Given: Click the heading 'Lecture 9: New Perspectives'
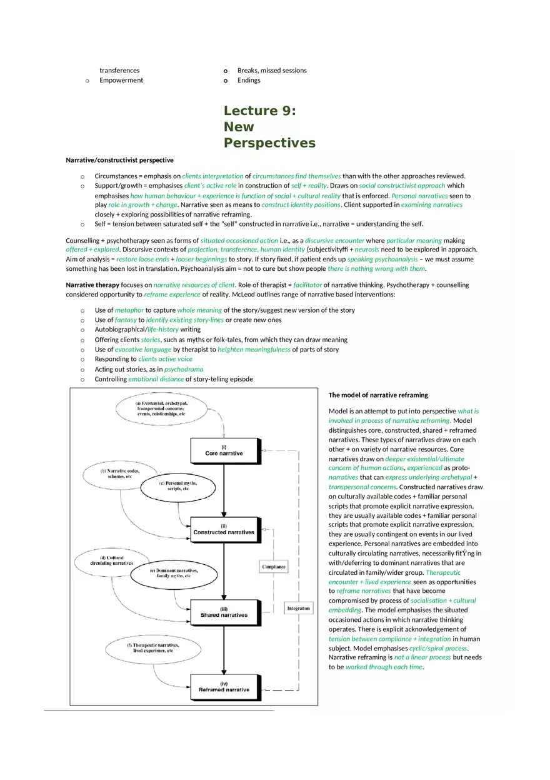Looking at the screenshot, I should click(x=269, y=127).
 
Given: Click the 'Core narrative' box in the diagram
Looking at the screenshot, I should click(x=224, y=450).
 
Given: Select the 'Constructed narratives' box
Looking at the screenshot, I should click(x=224, y=529).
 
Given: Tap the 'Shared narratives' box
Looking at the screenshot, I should click(x=224, y=612).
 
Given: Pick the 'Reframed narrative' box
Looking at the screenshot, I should click(x=224, y=686).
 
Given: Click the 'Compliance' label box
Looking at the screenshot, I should click(x=274, y=567).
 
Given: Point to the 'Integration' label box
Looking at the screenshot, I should click(x=298, y=608).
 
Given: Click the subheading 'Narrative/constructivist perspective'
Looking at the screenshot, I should click(x=119, y=160).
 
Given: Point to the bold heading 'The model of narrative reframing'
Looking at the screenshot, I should click(x=378, y=395).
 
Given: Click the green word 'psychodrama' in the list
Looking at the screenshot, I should click(x=184, y=369).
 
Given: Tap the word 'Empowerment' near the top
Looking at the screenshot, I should click(x=121, y=80).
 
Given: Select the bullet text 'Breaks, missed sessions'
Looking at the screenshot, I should click(x=272, y=70).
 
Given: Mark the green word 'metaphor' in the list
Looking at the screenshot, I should click(x=129, y=310).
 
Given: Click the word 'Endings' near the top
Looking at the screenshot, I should click(x=249, y=80).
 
